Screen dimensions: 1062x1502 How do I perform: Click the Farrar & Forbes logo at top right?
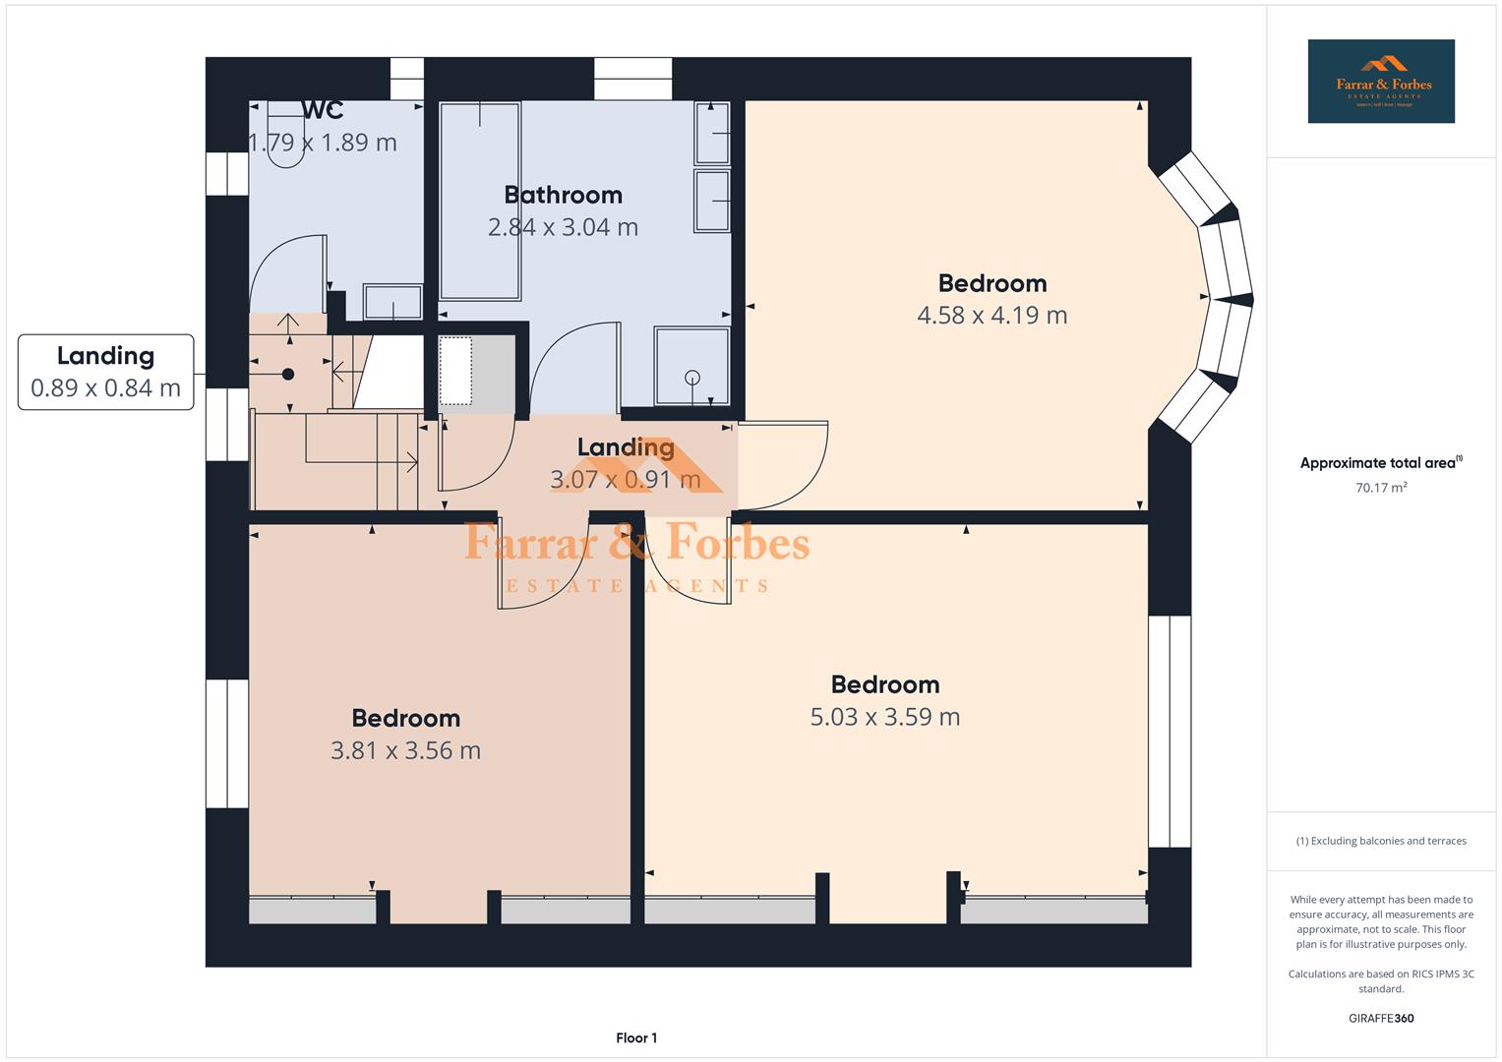tap(1380, 82)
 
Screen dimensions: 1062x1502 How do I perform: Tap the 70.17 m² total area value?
tap(1380, 487)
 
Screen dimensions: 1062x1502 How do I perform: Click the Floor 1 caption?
tap(635, 1037)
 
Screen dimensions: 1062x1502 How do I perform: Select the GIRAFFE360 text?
tap(1380, 1018)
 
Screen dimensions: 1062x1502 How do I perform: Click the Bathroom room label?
tap(563, 195)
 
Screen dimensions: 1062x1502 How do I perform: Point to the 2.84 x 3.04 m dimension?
tap(563, 227)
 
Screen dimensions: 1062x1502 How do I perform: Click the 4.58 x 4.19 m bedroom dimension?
tap(991, 316)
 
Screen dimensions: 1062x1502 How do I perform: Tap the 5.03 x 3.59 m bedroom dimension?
tap(884, 717)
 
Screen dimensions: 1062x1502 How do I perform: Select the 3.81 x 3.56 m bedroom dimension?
tap(405, 750)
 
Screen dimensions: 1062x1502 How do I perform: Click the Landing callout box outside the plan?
tap(106, 372)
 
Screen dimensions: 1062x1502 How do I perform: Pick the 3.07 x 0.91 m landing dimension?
tap(625, 480)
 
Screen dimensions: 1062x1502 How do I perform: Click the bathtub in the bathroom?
tap(480, 202)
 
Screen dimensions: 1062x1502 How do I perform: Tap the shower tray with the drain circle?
tap(692, 366)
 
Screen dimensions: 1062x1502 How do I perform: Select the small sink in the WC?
tap(392, 301)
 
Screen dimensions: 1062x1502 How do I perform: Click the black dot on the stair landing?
tap(288, 374)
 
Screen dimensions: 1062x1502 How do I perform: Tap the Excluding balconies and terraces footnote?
tap(1380, 841)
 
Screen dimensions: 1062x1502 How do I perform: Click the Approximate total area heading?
tap(1380, 463)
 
